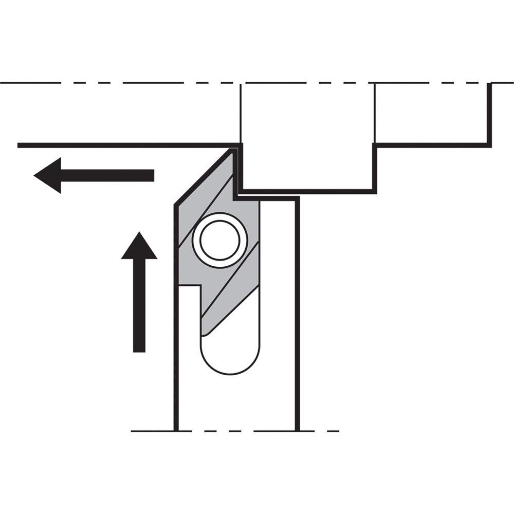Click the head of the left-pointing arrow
(x=49, y=175)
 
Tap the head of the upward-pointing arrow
(x=139, y=247)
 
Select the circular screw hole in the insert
(x=220, y=240)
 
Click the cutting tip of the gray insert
(x=233, y=151)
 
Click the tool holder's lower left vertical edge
(x=176, y=360)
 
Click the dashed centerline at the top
(x=154, y=83)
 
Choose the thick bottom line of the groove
(x=308, y=192)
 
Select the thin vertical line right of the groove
(x=375, y=113)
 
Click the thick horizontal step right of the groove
(x=432, y=145)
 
